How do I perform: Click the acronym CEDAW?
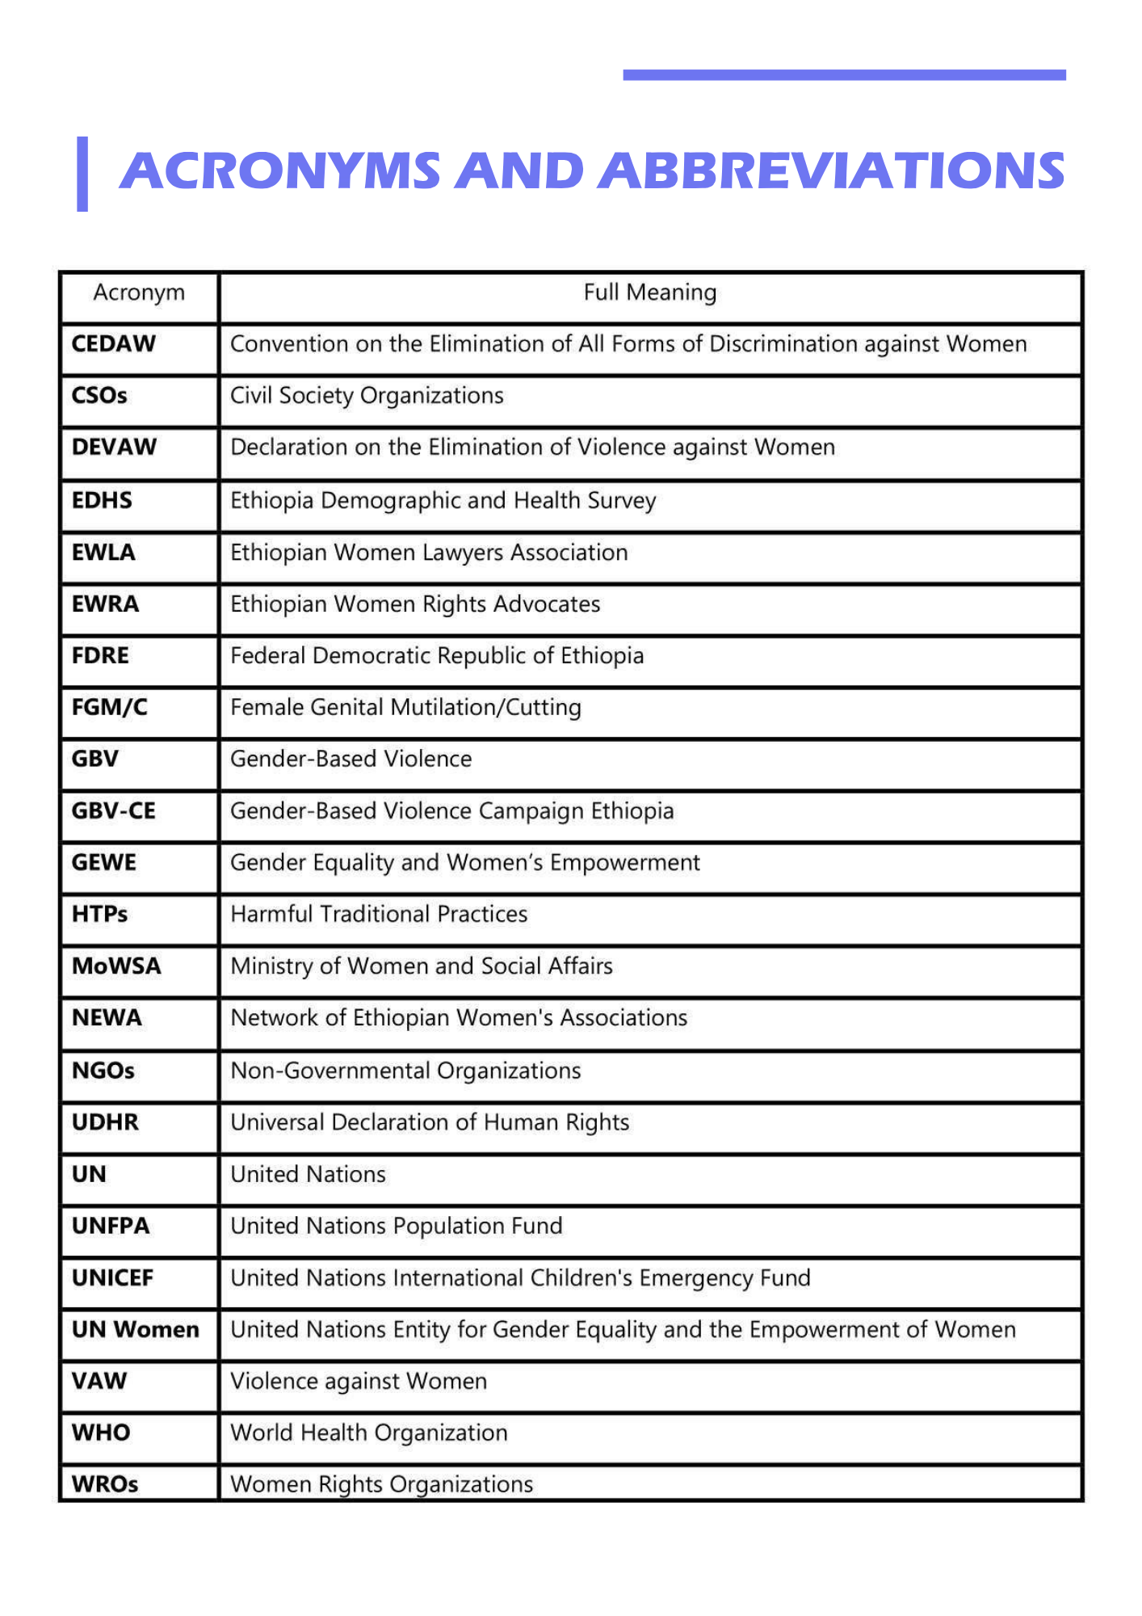coord(113,344)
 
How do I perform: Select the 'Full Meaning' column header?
coord(649,292)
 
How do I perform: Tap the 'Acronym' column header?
coord(139,292)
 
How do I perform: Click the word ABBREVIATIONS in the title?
coord(834,171)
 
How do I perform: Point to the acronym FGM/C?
coord(109,708)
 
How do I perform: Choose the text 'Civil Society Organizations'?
coord(367,396)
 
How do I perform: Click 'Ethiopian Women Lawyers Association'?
coord(429,553)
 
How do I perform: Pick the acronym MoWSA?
coord(116,966)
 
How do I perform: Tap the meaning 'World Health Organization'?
coord(369,1433)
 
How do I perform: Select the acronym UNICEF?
coord(112,1278)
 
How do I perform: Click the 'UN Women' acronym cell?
coord(135,1330)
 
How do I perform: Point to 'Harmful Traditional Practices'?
coord(379,915)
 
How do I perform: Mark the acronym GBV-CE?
coord(113,811)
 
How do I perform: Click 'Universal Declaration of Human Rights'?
coord(430,1123)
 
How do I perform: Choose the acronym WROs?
coord(105,1484)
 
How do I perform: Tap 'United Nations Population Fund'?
coord(397,1227)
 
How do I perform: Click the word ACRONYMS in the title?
coord(279,171)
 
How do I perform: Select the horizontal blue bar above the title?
coord(844,75)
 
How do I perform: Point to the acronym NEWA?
coord(107,1018)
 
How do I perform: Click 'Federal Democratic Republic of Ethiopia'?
coord(437,656)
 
